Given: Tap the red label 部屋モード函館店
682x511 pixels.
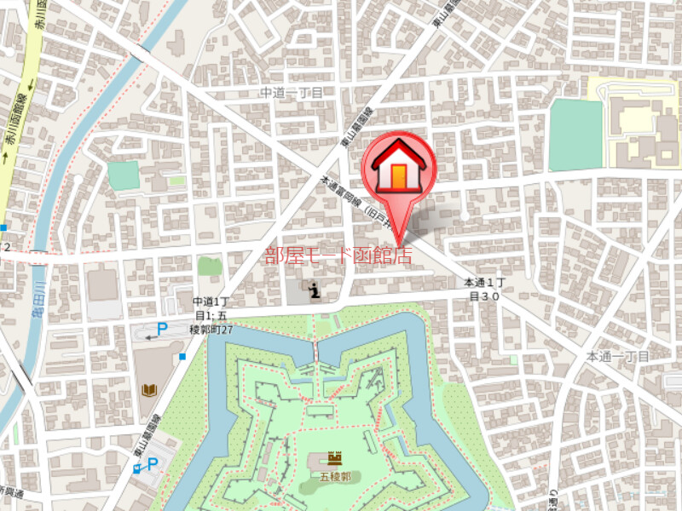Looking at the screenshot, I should [338, 255].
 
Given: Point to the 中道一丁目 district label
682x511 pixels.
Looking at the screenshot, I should [292, 92].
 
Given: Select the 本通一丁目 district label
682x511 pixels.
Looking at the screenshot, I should [618, 356].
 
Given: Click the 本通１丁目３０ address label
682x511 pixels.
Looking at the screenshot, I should [485, 290].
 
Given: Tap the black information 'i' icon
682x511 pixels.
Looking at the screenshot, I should [315, 290].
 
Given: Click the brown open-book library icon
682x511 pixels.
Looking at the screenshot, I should [149, 390].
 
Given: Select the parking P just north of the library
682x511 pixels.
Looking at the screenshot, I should [161, 330].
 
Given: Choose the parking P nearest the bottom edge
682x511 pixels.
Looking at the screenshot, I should [153, 464].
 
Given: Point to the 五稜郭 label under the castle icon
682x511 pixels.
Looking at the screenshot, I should [335, 477].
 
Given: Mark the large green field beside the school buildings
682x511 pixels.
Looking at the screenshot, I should [575, 135].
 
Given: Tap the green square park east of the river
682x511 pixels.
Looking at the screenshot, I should [123, 175].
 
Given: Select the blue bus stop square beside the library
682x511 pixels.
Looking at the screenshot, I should [182, 357].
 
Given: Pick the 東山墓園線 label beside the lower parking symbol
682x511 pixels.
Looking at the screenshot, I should [139, 447].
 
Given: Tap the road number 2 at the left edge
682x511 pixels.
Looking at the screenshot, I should [7, 247].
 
